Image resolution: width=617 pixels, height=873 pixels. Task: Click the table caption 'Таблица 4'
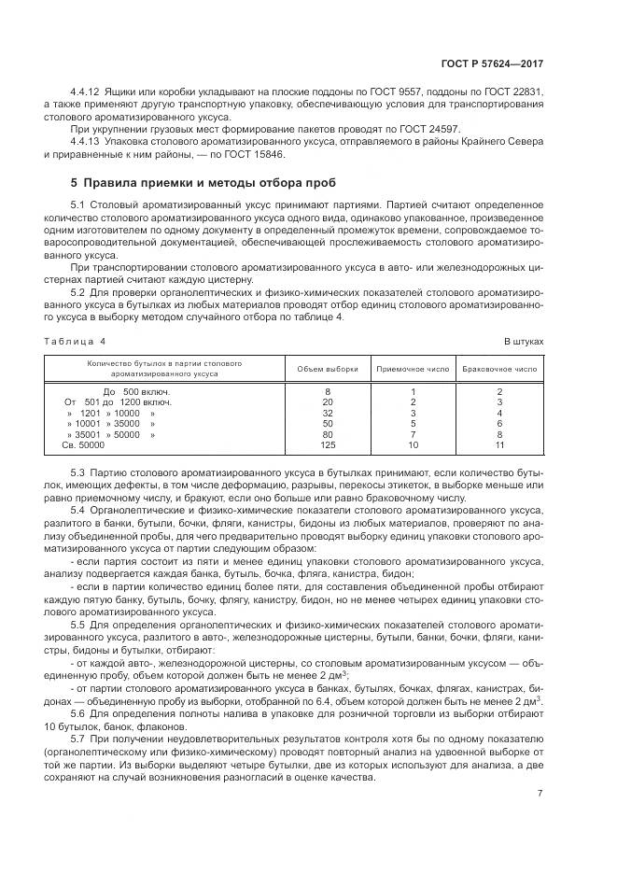[76, 342]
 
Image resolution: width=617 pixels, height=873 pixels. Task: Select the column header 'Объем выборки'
[327, 368]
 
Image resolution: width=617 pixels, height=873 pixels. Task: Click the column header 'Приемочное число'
[413, 368]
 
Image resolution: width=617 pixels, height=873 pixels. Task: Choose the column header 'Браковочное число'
[500, 368]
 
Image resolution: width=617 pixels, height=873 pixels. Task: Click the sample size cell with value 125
[327, 444]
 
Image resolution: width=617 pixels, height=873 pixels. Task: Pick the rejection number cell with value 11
[500, 444]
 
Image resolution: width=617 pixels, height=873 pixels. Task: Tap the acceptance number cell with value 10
[413, 444]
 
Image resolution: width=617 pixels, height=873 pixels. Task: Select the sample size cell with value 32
[327, 412]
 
